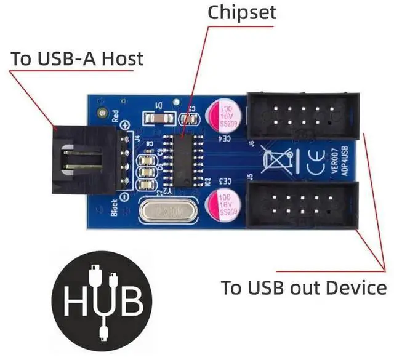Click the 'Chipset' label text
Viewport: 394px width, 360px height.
pos(243,12)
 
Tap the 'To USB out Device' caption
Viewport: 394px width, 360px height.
pos(304,287)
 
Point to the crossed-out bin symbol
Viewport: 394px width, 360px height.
pos(276,161)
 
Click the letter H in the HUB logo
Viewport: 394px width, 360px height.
pos(75,303)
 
